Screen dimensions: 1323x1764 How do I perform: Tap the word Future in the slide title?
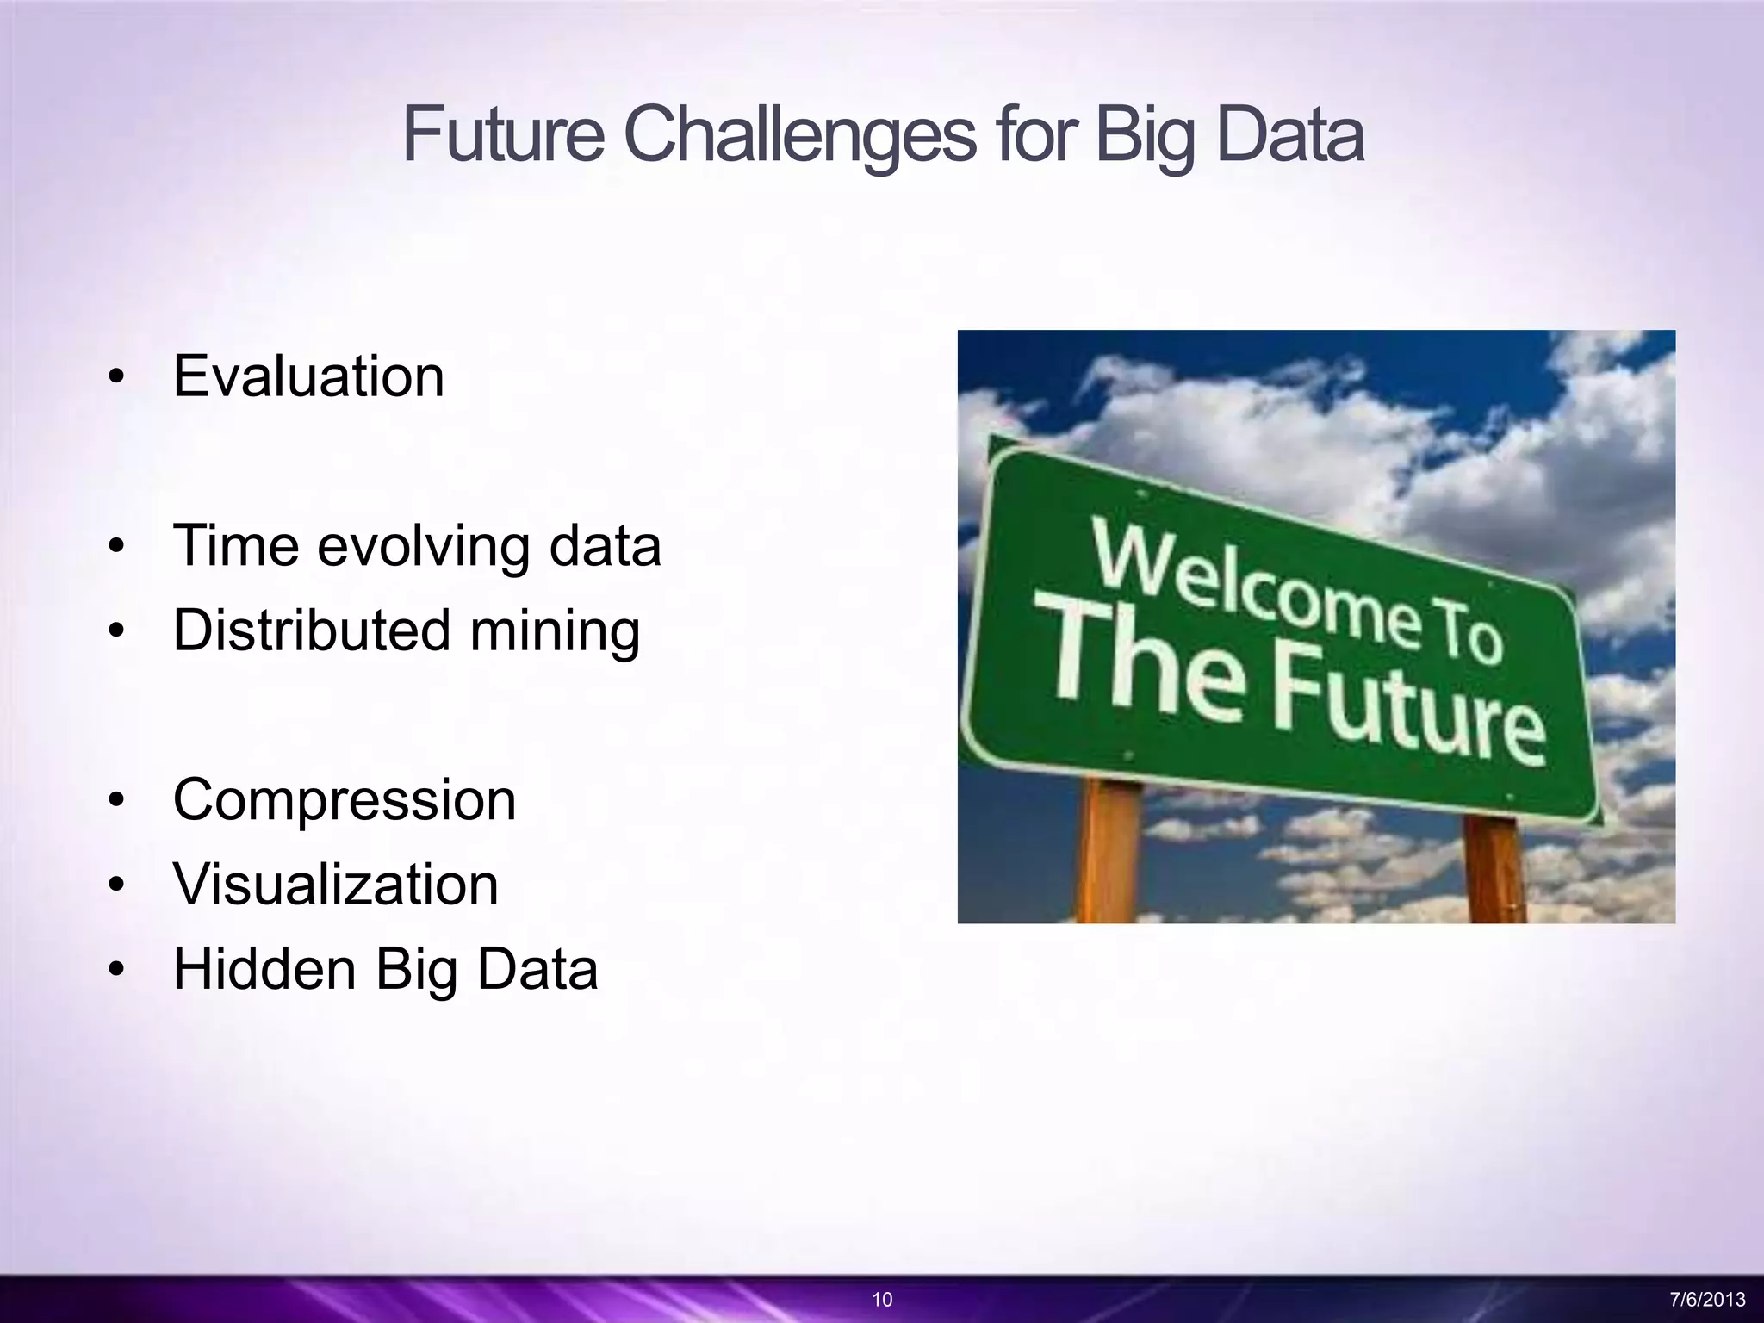[504, 136]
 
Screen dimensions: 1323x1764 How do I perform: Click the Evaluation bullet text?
[308, 377]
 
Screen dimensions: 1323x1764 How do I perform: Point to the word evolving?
[423, 547]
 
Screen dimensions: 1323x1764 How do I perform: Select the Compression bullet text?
[345, 800]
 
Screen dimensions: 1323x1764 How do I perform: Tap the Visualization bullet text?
[336, 885]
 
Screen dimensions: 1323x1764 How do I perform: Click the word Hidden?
[264, 969]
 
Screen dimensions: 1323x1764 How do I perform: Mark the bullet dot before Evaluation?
[117, 378]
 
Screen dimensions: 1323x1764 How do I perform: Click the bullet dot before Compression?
[117, 801]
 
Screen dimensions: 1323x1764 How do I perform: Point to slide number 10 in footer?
[882, 1300]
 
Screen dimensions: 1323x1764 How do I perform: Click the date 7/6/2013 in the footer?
[1707, 1300]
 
